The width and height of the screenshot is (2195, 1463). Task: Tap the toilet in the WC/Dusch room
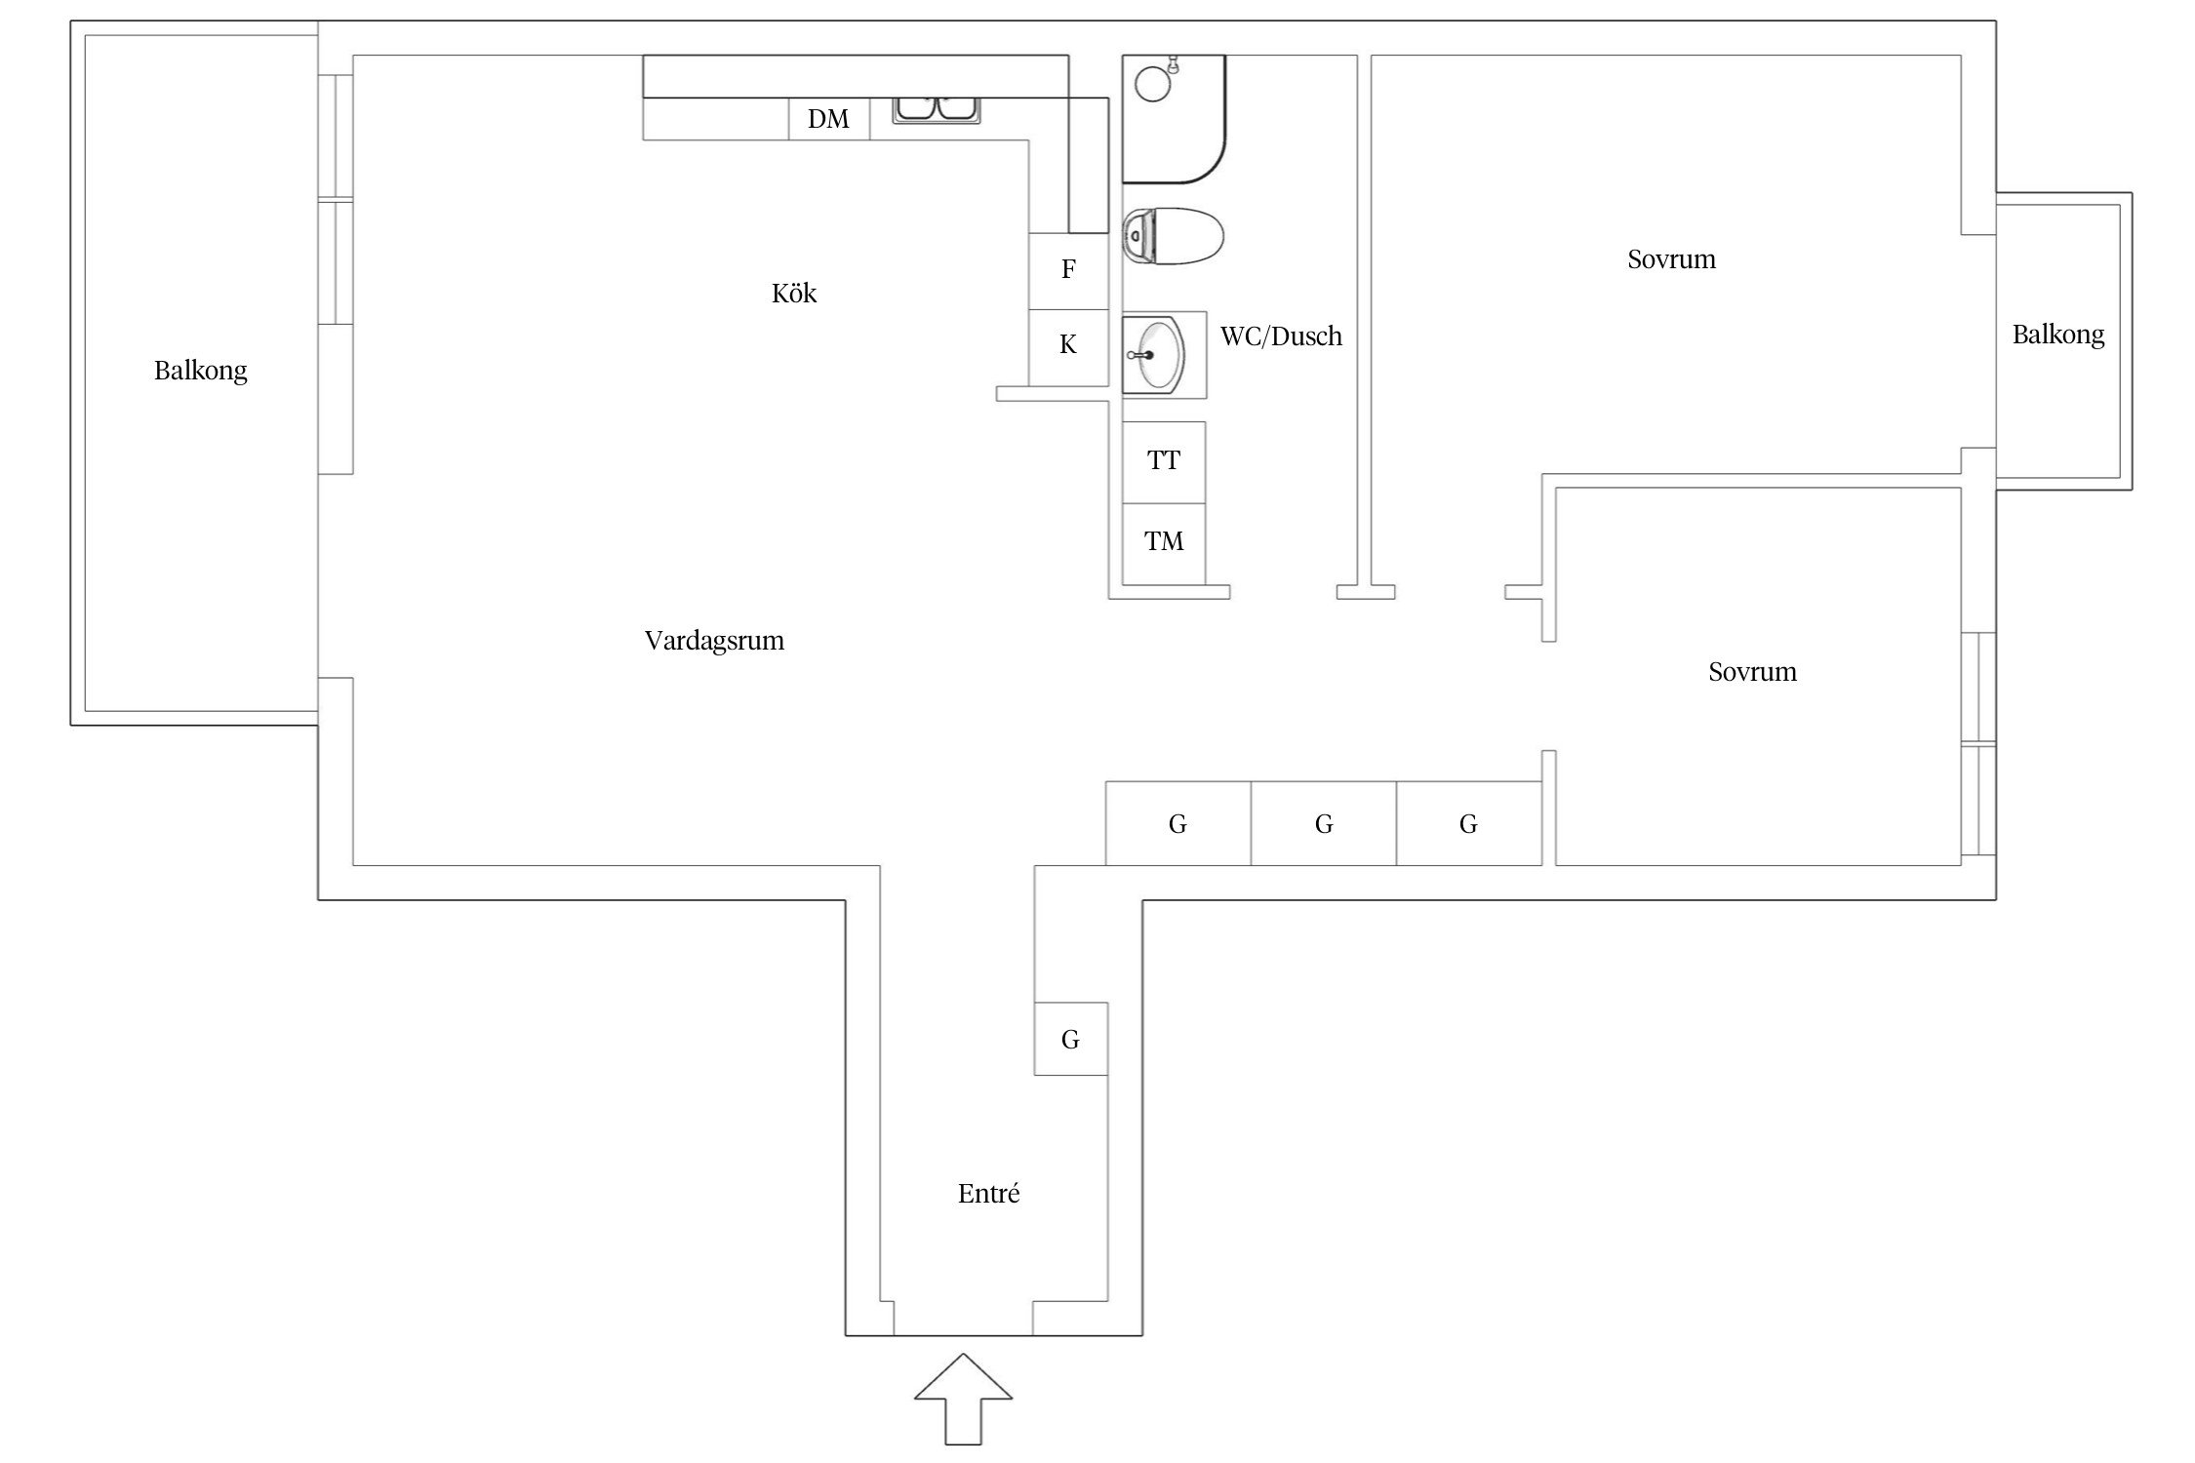tap(1173, 236)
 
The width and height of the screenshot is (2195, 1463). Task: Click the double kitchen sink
tap(937, 109)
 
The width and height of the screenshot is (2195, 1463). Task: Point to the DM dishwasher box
tap(828, 119)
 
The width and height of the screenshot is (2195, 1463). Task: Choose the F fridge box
tap(1068, 270)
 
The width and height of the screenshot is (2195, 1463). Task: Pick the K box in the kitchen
tap(1068, 345)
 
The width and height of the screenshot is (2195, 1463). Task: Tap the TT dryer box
tap(1164, 461)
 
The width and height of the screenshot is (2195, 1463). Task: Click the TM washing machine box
tap(1164, 542)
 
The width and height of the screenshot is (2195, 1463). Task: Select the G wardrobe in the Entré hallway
tap(1070, 1040)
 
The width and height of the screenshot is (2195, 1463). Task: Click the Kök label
tap(794, 294)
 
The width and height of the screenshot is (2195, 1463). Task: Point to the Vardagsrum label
tap(714, 641)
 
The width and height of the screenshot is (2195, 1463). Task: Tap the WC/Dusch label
tap(1281, 336)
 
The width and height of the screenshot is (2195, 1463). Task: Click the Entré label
tap(988, 1194)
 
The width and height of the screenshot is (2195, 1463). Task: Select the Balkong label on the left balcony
tap(200, 371)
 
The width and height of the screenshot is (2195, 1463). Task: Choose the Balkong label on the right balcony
tap(2058, 336)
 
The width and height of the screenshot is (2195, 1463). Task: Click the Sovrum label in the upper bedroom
tap(1671, 259)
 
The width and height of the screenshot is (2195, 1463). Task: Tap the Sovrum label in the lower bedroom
tap(1752, 672)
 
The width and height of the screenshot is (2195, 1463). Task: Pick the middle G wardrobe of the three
tap(1323, 824)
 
